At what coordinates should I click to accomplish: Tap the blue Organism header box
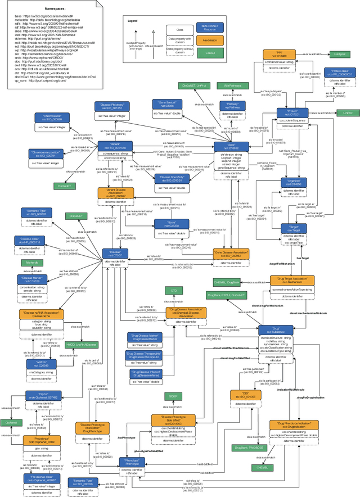tap(292, 183)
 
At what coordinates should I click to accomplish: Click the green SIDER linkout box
tap(173, 396)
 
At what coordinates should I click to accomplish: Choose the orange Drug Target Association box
tap(292, 280)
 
